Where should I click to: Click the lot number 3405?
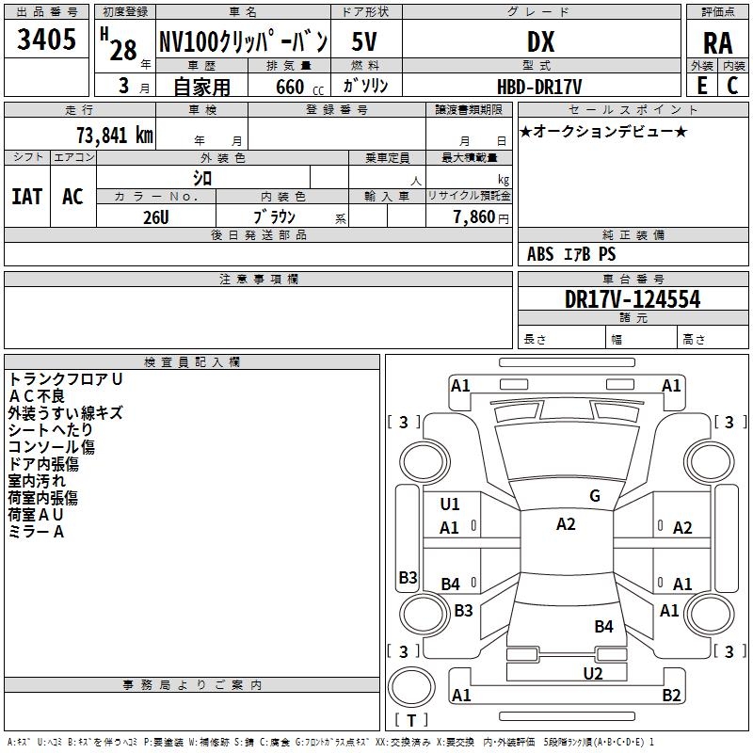point(46,39)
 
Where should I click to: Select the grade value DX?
point(540,41)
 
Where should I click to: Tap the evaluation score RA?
point(717,43)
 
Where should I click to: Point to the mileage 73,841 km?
point(115,135)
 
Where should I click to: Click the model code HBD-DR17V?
point(539,87)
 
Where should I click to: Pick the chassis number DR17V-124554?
point(633,299)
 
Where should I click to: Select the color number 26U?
point(155,217)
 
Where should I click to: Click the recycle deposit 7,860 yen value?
point(480,217)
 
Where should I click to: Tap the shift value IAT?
point(27,197)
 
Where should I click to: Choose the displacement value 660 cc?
point(299,87)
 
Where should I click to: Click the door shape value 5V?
point(364,41)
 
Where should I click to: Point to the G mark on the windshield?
point(595,496)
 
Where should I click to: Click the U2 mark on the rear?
point(593,673)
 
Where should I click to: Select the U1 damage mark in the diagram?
point(450,505)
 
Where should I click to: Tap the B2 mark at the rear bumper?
point(671,695)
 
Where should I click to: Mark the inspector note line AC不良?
point(37,396)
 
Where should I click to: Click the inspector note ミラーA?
point(36,532)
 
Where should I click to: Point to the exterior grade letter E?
point(701,86)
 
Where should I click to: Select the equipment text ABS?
point(540,254)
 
